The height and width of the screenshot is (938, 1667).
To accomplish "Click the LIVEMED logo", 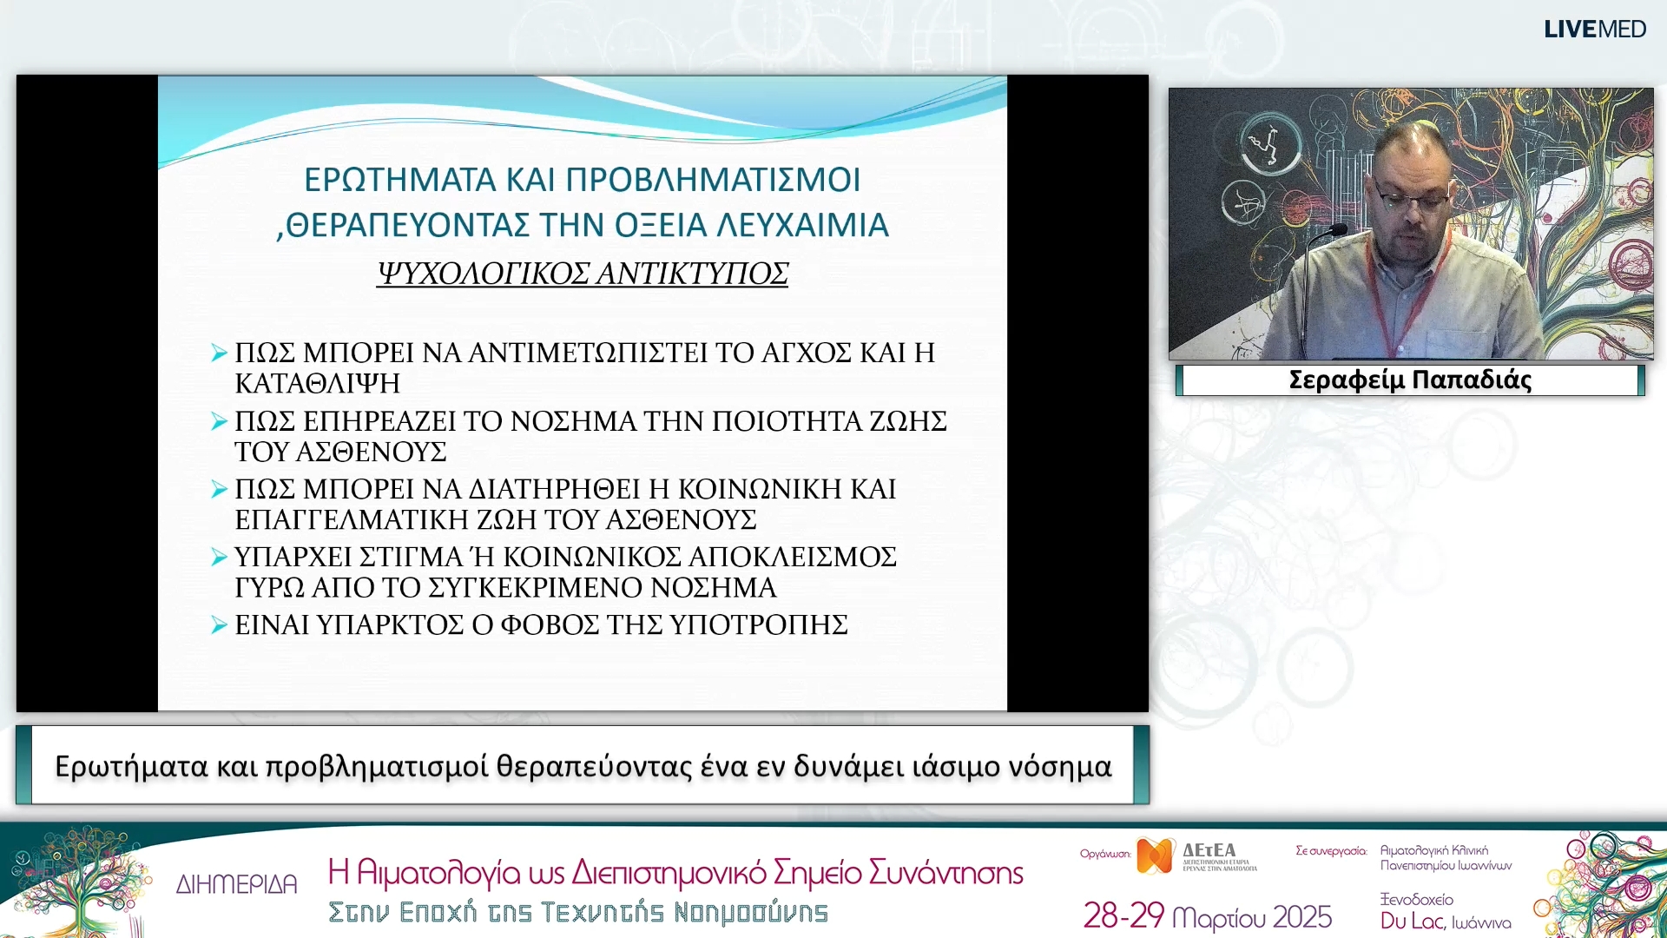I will pyautogui.click(x=1594, y=30).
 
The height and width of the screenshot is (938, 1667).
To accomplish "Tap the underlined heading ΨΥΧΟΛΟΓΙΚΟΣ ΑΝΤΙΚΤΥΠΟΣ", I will pyautogui.click(x=583, y=274).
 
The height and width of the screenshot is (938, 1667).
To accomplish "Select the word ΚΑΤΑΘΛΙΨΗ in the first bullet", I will pyautogui.click(x=318, y=383).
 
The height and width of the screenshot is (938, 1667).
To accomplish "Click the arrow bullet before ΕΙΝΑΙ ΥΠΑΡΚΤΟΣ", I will pyautogui.click(x=219, y=625).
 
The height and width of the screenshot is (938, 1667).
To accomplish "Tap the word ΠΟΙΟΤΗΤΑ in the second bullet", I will pyautogui.click(x=787, y=421).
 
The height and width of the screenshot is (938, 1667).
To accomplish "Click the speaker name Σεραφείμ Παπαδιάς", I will pyautogui.click(x=1410, y=380).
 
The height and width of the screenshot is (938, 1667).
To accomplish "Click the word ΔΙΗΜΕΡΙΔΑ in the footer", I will pyautogui.click(x=236, y=884).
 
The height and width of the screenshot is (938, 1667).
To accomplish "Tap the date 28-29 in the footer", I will pyautogui.click(x=1123, y=915).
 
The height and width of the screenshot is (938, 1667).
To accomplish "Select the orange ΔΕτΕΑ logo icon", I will pyautogui.click(x=1156, y=855).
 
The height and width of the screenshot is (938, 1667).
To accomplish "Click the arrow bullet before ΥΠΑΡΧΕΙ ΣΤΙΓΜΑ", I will pyautogui.click(x=219, y=558).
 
